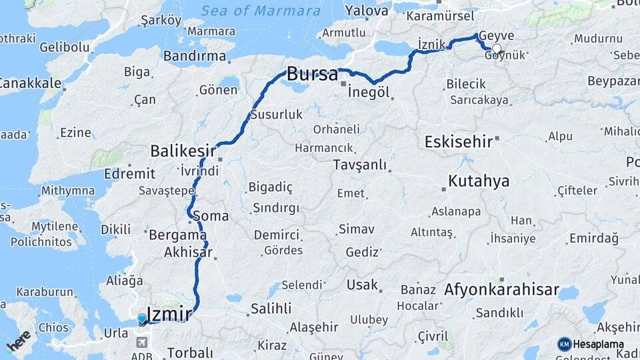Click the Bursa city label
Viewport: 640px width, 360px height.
[x=312, y=74]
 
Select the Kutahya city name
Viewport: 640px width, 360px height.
[x=479, y=181]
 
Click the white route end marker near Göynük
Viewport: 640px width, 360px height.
[x=496, y=49]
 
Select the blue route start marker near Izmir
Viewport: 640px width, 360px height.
[x=142, y=319]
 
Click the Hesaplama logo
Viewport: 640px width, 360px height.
[x=591, y=344]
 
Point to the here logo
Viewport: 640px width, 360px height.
[x=18, y=339]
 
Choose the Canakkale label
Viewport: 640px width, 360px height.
[x=30, y=83]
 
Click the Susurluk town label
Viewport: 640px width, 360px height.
[x=276, y=115]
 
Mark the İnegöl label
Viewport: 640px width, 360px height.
[x=368, y=92]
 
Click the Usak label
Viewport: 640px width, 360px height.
[x=362, y=285]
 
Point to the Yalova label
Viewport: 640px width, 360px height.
[x=367, y=11]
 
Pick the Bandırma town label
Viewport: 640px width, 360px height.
[x=194, y=57]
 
